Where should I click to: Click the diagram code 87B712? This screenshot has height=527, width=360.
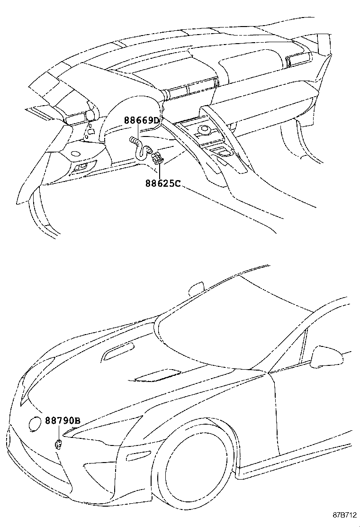343,515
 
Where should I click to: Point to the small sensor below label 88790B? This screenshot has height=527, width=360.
58,444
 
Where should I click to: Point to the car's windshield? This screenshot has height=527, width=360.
223,327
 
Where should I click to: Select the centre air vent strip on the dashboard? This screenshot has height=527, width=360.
192,89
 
